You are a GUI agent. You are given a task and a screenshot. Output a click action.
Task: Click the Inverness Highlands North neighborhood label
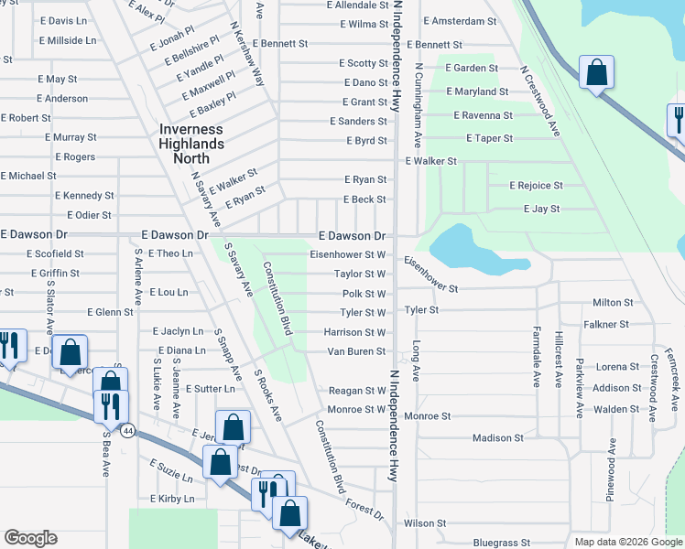[x=190, y=136]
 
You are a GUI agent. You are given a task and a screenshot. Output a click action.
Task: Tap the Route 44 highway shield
[x=128, y=430]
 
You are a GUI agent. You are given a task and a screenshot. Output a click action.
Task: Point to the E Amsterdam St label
[x=461, y=20]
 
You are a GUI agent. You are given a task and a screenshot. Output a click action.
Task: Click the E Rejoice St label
[x=536, y=186]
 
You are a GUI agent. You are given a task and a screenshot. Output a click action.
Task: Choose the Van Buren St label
[x=355, y=351]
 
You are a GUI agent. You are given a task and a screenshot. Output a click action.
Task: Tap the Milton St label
[x=613, y=303]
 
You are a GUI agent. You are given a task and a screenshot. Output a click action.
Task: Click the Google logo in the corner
[x=30, y=538]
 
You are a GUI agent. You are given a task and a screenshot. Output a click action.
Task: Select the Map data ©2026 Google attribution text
[x=627, y=542]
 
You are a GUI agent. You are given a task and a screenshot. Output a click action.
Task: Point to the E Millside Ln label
[x=68, y=40]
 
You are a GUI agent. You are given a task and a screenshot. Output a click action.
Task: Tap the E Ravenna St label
[x=484, y=115]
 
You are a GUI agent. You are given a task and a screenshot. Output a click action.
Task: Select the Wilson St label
[x=424, y=523]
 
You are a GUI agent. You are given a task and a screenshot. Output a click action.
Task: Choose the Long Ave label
[x=416, y=361]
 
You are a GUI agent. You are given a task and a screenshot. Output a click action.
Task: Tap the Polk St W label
[x=364, y=294]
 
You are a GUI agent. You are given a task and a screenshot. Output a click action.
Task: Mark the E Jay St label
[x=541, y=210]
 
